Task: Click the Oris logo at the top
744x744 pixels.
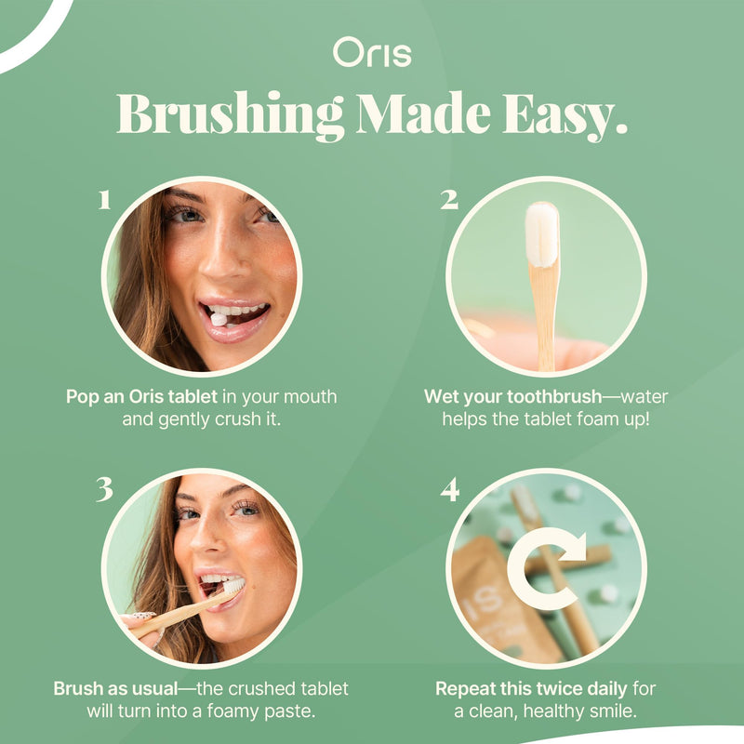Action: click(372, 54)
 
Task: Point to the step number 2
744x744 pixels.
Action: click(449, 199)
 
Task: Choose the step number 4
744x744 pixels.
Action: click(450, 489)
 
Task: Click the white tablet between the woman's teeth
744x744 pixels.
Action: click(219, 319)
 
